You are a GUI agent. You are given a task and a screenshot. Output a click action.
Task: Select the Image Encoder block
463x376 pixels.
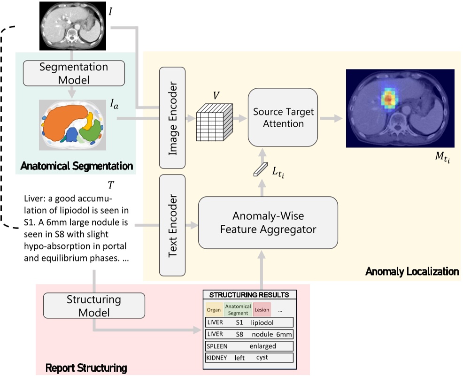[x=173, y=117]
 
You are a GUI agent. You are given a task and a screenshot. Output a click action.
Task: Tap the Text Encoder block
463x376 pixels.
[x=173, y=225]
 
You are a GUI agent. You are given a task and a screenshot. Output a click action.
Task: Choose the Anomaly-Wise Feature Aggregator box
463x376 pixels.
[x=268, y=223]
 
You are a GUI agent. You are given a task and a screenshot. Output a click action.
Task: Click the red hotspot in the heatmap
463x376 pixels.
[x=388, y=99]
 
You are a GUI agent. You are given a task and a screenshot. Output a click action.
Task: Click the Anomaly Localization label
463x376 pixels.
[x=411, y=271]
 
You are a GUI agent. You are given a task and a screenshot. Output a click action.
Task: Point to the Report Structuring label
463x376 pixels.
[x=86, y=367]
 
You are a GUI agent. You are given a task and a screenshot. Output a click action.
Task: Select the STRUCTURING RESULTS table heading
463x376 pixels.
[x=249, y=295]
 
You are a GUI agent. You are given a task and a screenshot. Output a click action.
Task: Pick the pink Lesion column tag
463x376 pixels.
[x=262, y=310]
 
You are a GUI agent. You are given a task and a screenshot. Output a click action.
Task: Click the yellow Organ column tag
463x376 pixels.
[x=214, y=310]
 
